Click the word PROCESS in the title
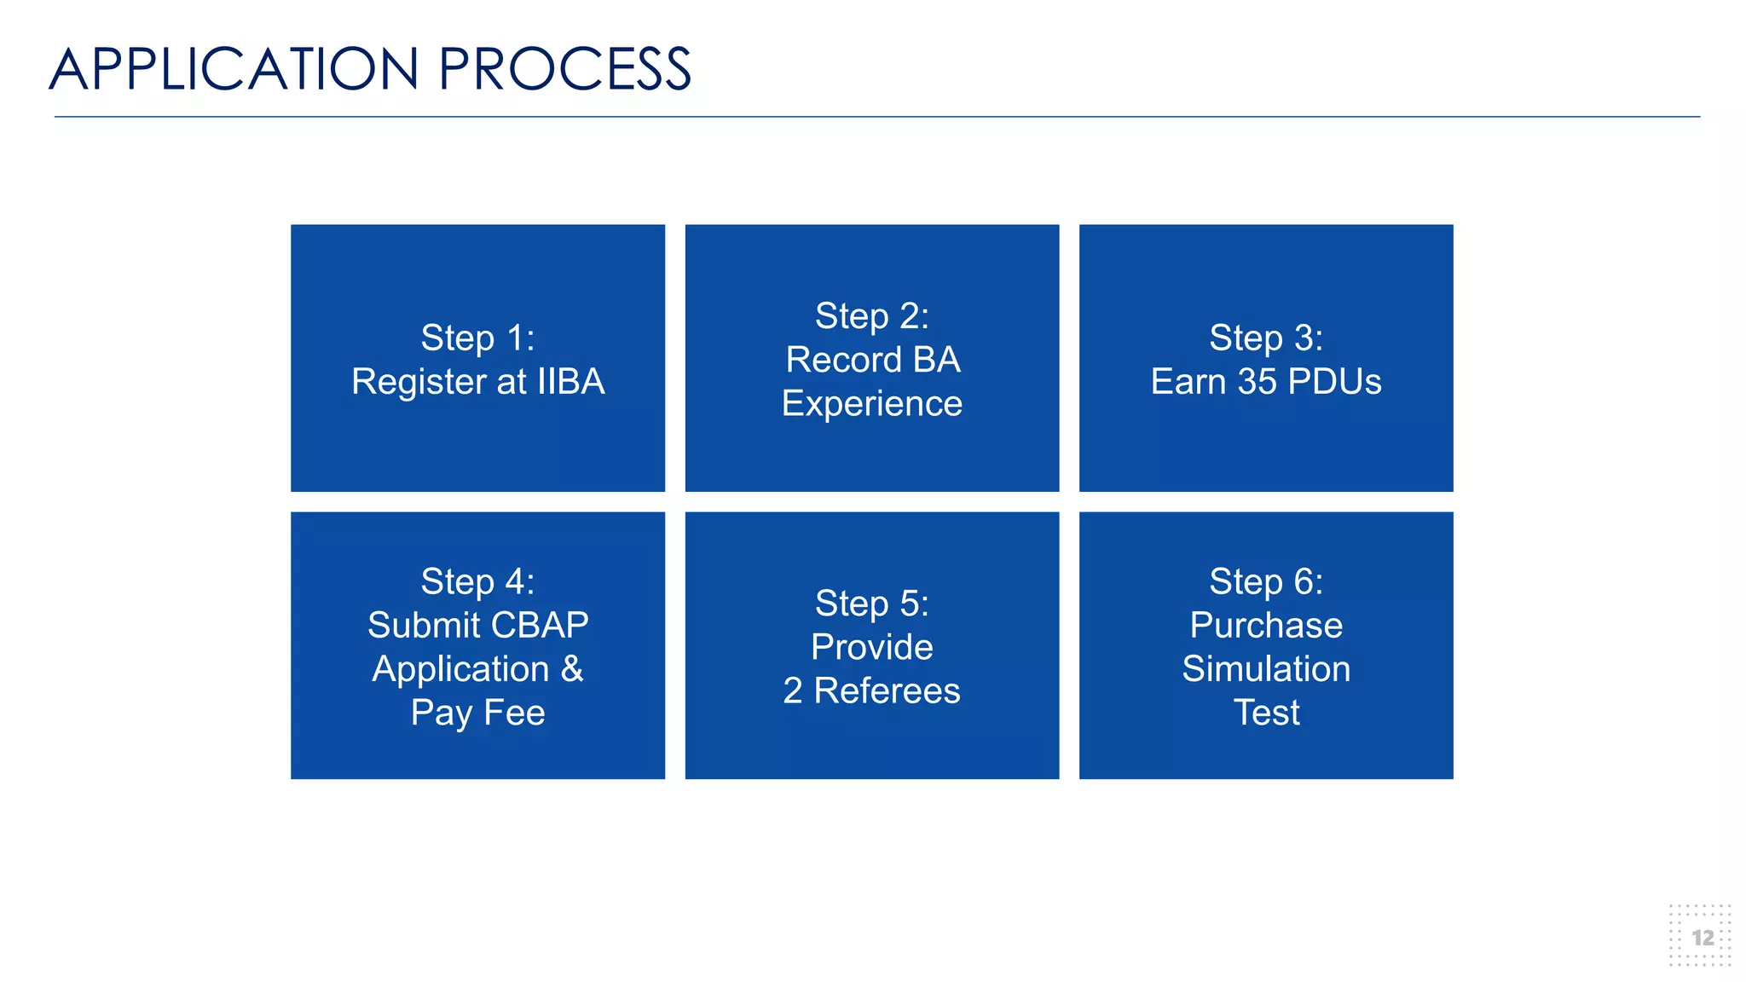tap(564, 69)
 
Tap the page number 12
tap(1703, 938)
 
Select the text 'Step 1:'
tap(477, 338)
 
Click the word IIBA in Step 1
tap(570, 381)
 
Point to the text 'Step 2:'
tap(871, 316)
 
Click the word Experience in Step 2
tap(871, 403)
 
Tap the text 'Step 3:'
tap(1266, 338)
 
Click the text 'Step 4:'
tap(477, 581)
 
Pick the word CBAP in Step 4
tap(539, 625)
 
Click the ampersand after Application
tap(572, 668)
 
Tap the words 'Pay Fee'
tap(477, 712)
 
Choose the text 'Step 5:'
tap(871, 604)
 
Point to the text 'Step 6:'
tap(1266, 581)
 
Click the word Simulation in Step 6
tap(1266, 668)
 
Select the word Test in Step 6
tap(1266, 712)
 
